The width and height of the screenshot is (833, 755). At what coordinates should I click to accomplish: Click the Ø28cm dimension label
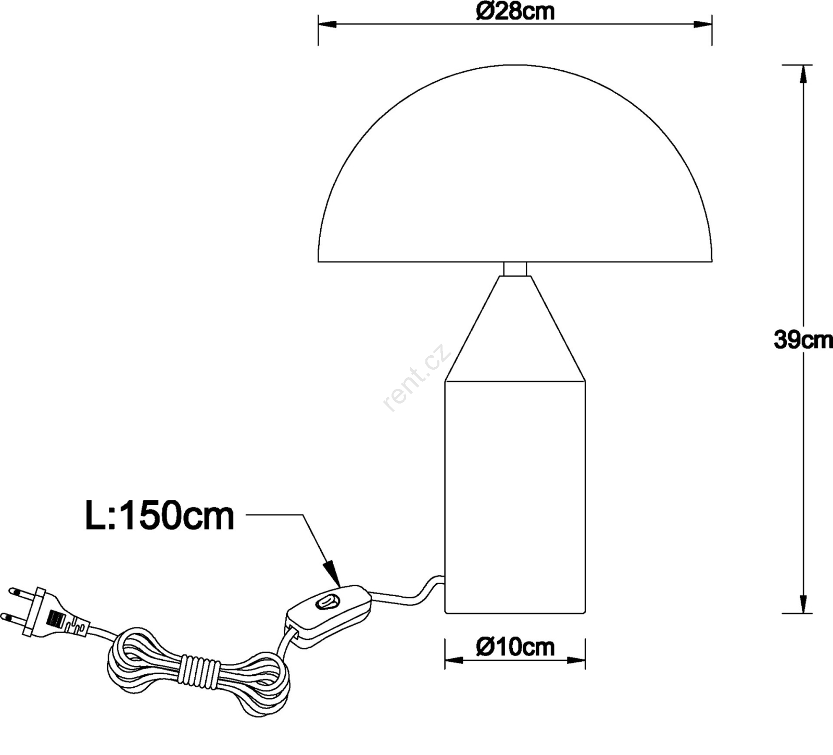pyautogui.click(x=515, y=11)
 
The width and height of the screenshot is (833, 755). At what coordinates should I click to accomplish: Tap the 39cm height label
pyautogui.click(x=803, y=339)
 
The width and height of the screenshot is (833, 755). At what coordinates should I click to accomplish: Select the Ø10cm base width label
pyautogui.click(x=515, y=647)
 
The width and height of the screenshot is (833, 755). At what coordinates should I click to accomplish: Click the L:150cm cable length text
pyautogui.click(x=160, y=516)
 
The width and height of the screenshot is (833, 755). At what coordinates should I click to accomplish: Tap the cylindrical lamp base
pyautogui.click(x=515, y=497)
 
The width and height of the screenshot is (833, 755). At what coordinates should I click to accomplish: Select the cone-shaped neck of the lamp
pyautogui.click(x=515, y=328)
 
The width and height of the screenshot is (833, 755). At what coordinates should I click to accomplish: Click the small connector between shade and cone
pyautogui.click(x=515, y=269)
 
